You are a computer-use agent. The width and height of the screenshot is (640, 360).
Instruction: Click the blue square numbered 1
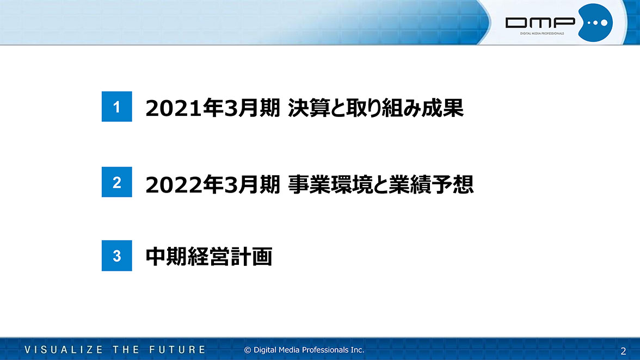[x=116, y=107]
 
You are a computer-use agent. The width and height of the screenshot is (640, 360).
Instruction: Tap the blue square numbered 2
[x=116, y=182]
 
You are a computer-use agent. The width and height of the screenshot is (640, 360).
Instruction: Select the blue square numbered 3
[x=116, y=256]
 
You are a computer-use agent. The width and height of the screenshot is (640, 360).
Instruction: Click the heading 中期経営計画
[x=209, y=257]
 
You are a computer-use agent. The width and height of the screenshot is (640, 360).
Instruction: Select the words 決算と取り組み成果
[x=376, y=108]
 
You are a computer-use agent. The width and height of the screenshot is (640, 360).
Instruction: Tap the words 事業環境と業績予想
[x=381, y=184]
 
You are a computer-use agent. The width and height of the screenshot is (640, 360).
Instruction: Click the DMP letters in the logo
[x=540, y=23]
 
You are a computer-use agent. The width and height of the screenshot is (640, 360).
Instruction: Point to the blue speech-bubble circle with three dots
[x=595, y=23]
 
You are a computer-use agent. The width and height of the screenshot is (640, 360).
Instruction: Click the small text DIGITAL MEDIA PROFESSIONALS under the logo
[x=542, y=33]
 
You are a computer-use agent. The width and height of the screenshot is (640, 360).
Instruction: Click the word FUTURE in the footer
[x=177, y=350]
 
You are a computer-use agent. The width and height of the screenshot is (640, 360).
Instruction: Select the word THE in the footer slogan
[x=126, y=350]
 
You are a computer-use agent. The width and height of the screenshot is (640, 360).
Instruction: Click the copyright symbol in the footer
[x=247, y=350]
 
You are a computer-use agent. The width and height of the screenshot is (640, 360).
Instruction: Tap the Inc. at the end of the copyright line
[x=357, y=350]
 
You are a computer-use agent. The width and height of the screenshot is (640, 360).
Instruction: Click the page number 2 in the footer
[x=623, y=351]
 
